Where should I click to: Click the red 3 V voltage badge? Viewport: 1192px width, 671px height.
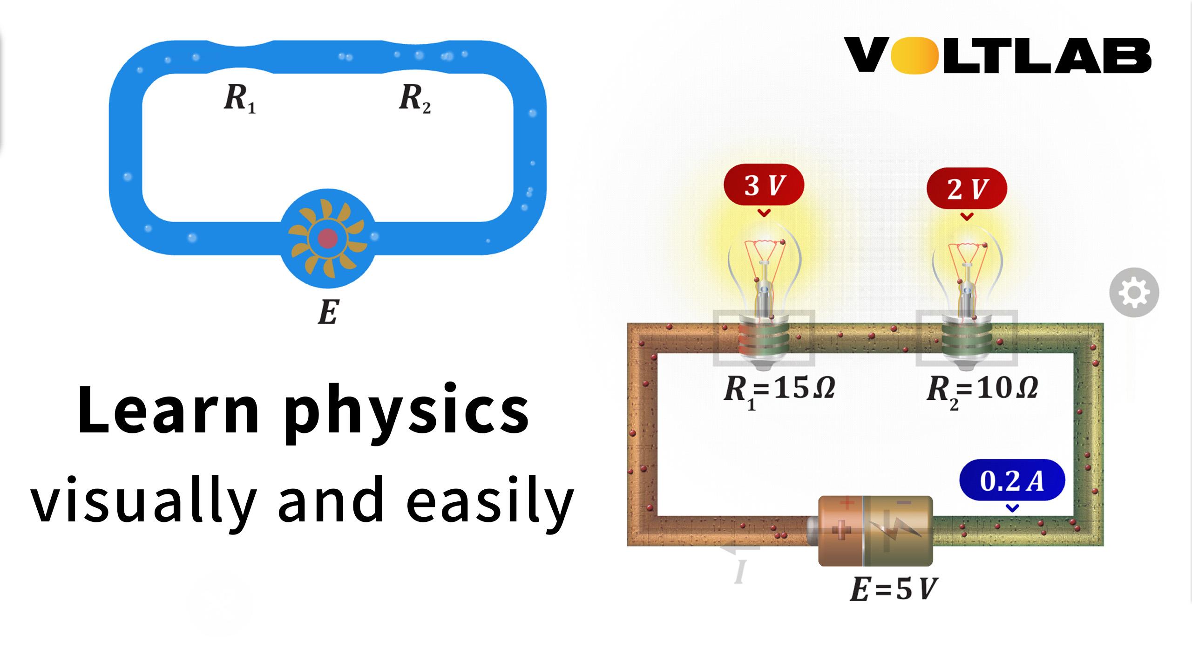pyautogui.click(x=764, y=185)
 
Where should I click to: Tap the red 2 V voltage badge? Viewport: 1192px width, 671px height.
pyautogui.click(x=967, y=188)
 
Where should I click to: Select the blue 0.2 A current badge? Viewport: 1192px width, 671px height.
pyautogui.click(x=1012, y=480)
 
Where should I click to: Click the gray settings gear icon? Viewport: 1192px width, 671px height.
pyautogui.click(x=1134, y=293)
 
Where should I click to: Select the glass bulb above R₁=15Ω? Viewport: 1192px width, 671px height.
pyautogui.click(x=764, y=270)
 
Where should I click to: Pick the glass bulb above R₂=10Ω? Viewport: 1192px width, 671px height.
pyautogui.click(x=967, y=273)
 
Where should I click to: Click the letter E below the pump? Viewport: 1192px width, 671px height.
pyautogui.click(x=328, y=312)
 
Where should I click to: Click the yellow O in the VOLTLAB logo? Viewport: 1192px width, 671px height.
pyautogui.click(x=912, y=56)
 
